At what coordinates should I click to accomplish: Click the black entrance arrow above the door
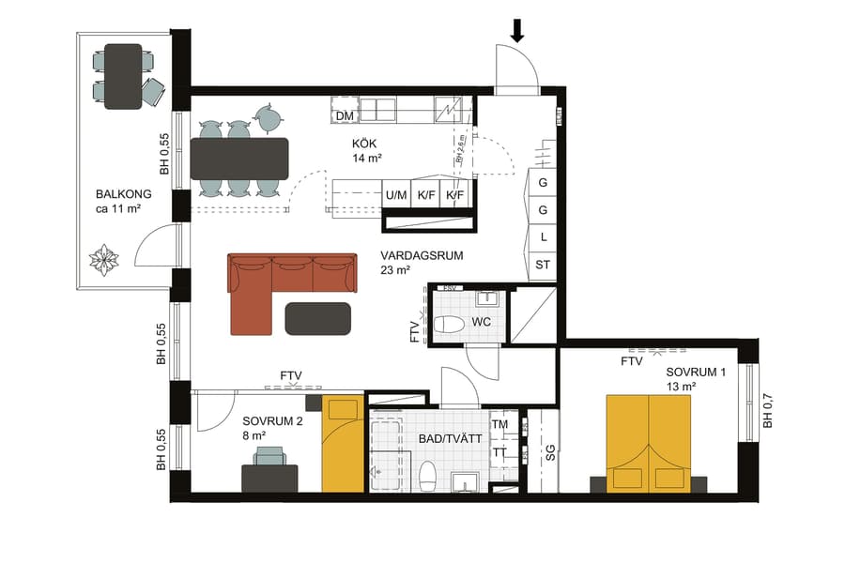coord(516,32)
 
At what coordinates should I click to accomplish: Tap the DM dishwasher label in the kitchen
coord(345,115)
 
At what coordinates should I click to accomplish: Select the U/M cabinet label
coord(396,195)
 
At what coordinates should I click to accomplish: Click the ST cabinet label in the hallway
coord(543,266)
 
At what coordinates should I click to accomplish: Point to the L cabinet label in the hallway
coord(544,237)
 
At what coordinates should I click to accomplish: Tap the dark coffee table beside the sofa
coord(318,318)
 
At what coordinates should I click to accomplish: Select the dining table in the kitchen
coord(239,159)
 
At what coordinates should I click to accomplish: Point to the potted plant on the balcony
coord(102,259)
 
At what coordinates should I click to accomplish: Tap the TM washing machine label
coord(499,424)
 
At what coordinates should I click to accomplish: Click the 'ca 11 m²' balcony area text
coord(117,208)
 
